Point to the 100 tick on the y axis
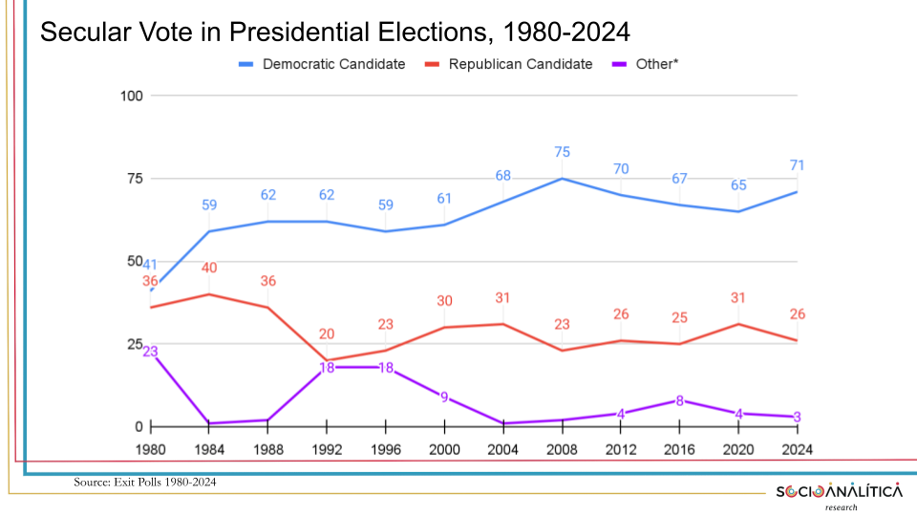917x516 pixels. [x=132, y=96]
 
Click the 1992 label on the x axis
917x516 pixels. [x=327, y=449]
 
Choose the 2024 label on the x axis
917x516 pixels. [x=798, y=449]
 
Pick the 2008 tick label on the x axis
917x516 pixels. [x=563, y=449]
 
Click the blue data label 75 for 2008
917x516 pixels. [x=563, y=153]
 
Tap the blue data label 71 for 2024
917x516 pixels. [x=798, y=166]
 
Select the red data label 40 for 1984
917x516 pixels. [x=209, y=269]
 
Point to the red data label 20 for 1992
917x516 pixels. [x=327, y=334]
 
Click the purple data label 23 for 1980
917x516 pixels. [x=151, y=351]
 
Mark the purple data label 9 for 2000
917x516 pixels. [x=444, y=397]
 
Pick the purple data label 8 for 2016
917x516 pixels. [x=680, y=400]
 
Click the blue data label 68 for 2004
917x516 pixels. [x=503, y=176]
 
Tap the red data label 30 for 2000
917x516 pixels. [x=444, y=301]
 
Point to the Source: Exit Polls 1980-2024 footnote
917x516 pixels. [x=145, y=483]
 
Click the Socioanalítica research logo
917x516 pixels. [x=838, y=494]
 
